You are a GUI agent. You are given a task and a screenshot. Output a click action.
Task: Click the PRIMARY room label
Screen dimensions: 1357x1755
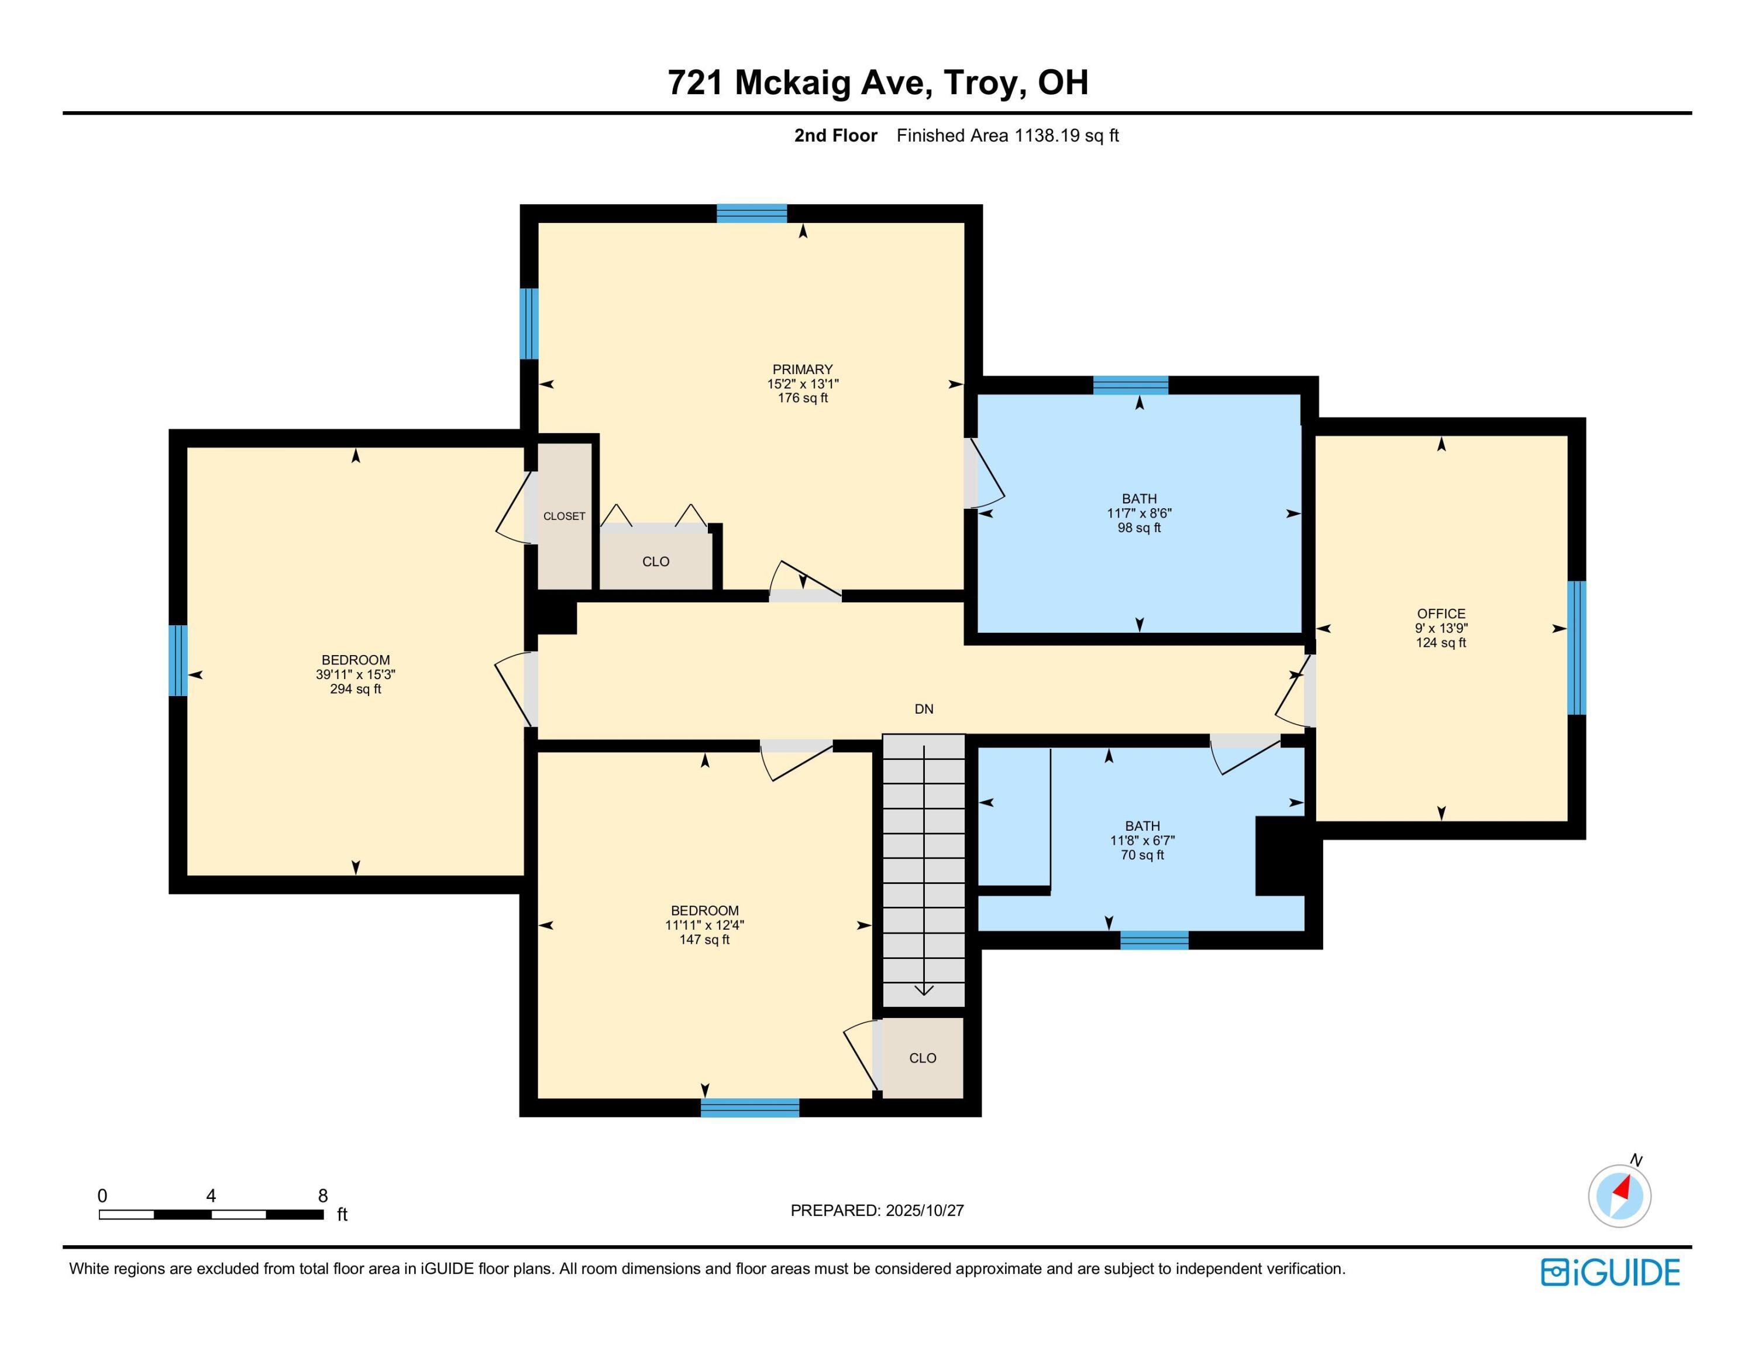(802, 370)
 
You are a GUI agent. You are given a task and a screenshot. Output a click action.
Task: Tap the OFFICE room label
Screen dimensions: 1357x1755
(1441, 614)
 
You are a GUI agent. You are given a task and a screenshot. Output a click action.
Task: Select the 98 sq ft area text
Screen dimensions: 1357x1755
(1138, 528)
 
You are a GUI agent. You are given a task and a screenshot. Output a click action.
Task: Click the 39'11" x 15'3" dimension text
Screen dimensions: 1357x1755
(355, 674)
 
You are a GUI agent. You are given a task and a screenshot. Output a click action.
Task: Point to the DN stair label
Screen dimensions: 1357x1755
(924, 709)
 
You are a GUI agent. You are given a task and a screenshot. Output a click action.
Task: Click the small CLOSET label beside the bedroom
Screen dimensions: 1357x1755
(564, 516)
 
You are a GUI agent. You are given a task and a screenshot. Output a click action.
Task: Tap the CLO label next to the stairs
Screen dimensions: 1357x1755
(923, 1058)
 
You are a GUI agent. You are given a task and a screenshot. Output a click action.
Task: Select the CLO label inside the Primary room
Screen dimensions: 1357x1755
(656, 562)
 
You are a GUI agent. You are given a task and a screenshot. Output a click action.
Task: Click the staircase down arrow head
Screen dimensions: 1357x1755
(924, 991)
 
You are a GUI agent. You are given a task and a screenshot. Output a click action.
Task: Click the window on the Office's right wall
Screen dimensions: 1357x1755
(1577, 648)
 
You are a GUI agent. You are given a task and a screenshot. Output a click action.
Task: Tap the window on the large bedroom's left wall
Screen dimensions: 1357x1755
(178, 661)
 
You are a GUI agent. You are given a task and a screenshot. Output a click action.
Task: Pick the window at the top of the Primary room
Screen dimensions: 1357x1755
(751, 214)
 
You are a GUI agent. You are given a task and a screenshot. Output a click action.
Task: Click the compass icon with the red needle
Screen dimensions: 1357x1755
(1619, 1195)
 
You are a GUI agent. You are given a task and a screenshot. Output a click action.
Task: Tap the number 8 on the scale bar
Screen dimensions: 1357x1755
(323, 1195)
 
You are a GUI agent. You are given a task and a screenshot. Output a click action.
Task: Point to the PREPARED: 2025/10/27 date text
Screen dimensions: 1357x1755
(877, 1211)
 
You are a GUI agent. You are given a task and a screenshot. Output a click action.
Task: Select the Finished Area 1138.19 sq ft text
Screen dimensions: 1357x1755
(1008, 136)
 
